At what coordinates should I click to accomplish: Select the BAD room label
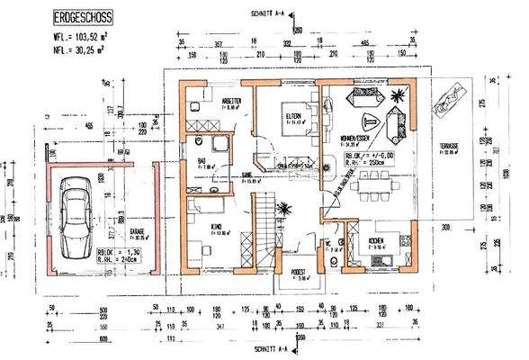click(203, 163)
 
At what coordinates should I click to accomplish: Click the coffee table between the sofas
click(369, 122)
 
